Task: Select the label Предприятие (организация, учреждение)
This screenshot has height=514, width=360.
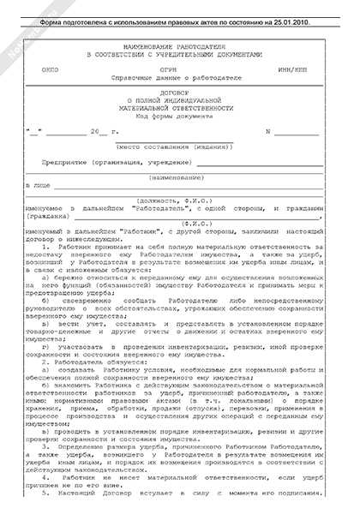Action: (111, 162)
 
